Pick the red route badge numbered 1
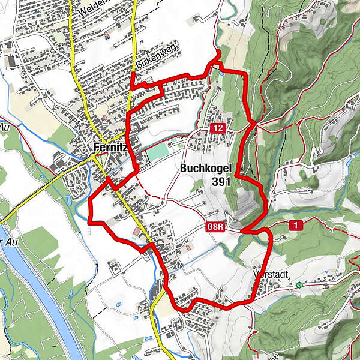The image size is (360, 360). point(295,225)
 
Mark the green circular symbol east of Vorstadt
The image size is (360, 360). point(299,286)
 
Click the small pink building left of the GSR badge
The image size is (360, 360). point(189,247)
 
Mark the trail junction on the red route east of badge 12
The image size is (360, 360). point(254,122)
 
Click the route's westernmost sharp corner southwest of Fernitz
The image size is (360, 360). point(89,221)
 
